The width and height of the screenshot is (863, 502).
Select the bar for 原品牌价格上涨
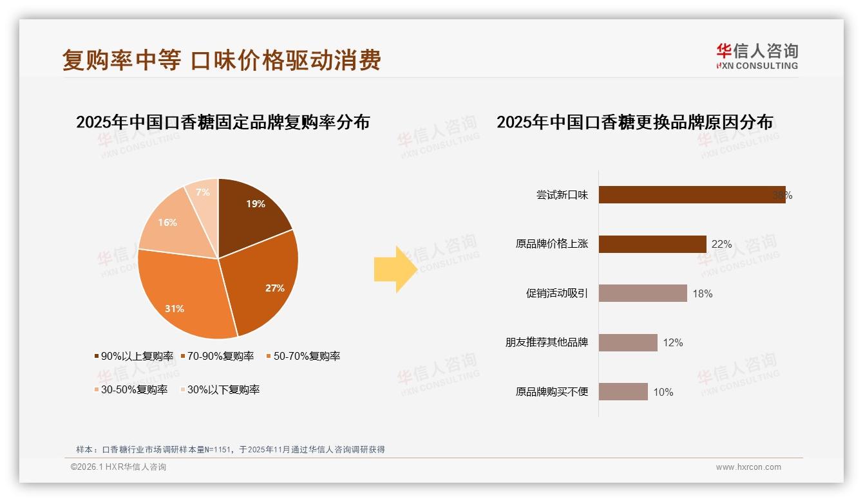pos(652,244)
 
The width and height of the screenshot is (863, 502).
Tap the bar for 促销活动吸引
pos(643,293)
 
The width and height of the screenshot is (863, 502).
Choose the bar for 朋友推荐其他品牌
pos(628,342)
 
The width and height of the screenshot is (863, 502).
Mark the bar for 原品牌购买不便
pos(623,392)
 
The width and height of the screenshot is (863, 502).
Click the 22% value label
pos(721,245)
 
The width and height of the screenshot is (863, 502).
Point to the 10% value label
pos(663,392)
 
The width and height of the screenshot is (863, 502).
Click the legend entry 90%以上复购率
pos(135,356)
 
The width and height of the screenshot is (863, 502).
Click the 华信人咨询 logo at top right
pos(757,57)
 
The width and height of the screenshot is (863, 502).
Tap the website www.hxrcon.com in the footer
pos(748,467)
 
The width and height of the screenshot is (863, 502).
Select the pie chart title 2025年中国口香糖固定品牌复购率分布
pos(223,122)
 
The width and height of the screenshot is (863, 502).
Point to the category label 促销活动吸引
pos(557,293)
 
